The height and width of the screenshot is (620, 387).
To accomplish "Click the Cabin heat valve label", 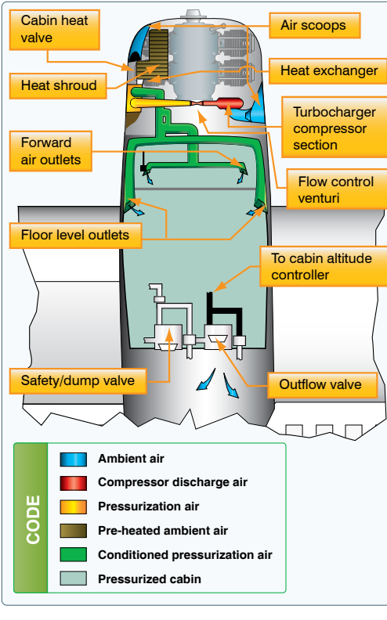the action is (55, 30).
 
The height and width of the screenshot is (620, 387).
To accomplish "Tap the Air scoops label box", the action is (315, 25).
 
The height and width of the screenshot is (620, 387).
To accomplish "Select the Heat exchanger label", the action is (328, 71).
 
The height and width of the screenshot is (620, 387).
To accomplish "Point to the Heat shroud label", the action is (58, 86).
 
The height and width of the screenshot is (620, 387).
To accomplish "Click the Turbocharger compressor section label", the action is (335, 128).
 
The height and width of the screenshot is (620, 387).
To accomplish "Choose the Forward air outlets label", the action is (51, 151).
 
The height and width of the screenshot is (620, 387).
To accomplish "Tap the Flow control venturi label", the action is (337, 189).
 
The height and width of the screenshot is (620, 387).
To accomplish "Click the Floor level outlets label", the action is (75, 236).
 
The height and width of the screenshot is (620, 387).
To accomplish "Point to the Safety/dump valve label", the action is (78, 380).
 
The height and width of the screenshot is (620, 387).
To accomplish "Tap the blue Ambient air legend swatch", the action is (73, 459).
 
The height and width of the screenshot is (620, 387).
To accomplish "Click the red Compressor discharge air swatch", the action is (73, 483).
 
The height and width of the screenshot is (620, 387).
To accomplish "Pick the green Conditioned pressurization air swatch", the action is (73, 554).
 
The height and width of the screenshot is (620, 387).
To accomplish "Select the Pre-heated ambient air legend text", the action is (163, 531).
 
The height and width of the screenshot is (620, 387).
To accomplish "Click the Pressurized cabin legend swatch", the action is (73, 578).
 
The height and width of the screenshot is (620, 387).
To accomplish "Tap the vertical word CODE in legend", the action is (33, 520).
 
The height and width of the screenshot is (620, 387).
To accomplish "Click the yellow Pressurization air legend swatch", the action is (73, 507).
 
